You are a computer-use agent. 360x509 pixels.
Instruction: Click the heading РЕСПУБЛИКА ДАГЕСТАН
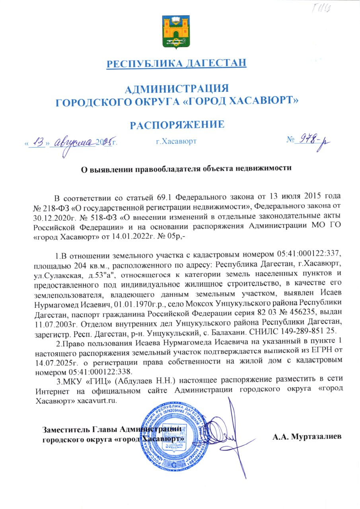[x=177, y=63]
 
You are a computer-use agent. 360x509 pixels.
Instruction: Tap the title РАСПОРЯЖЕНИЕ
[x=177, y=125]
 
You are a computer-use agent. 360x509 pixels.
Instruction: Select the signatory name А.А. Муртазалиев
[x=307, y=437]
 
